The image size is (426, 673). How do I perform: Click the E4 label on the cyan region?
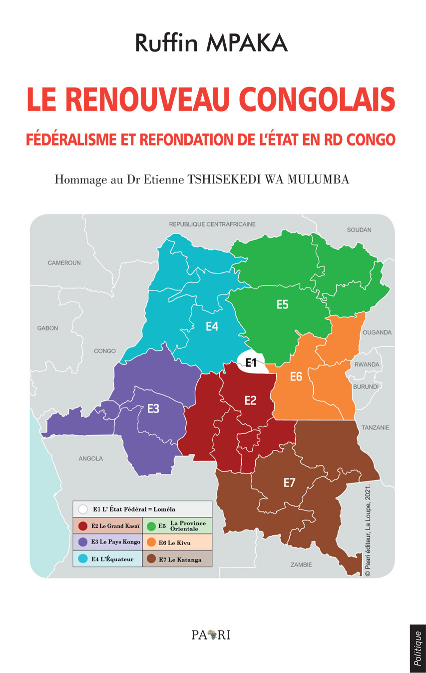(212, 326)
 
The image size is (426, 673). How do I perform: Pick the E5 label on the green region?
(283, 304)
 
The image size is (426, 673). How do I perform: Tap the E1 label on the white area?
(251, 363)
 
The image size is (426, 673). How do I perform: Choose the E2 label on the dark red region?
(250, 400)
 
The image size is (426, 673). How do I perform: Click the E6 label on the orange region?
(296, 376)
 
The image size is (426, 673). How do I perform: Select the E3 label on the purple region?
(153, 408)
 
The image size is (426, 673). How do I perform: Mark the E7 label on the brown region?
(290, 482)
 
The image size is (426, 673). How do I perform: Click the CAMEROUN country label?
(64, 262)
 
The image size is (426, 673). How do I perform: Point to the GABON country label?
(47, 328)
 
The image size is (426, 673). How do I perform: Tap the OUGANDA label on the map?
(377, 332)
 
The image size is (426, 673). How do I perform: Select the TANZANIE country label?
(376, 427)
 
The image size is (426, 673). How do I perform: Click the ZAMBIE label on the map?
(301, 564)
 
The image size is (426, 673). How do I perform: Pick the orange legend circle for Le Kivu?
(151, 542)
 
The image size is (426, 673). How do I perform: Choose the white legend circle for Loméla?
(83, 509)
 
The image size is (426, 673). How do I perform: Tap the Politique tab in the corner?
(418, 648)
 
